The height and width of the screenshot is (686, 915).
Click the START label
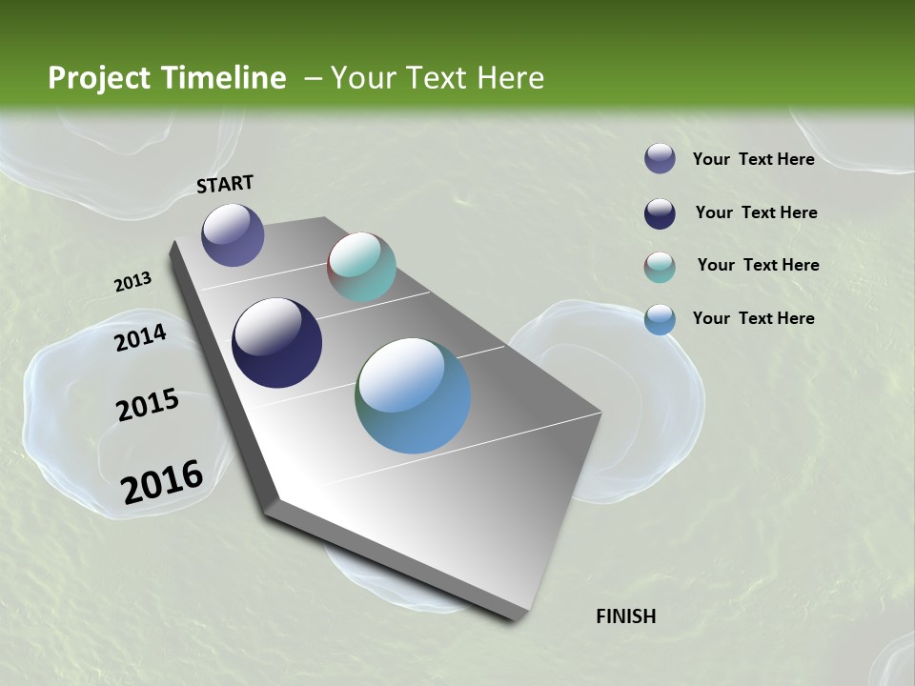click(225, 184)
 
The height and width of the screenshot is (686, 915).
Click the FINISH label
click(625, 616)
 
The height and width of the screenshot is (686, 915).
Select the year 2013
click(132, 282)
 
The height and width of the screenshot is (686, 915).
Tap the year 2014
click(141, 337)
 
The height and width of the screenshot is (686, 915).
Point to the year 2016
click(162, 481)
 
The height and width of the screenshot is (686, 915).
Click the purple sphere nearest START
click(233, 234)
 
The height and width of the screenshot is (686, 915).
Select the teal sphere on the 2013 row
click(361, 267)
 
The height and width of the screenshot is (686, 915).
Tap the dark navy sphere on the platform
click(276, 343)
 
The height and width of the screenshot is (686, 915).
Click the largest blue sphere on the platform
click(413, 395)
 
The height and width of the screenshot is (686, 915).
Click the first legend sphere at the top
click(660, 158)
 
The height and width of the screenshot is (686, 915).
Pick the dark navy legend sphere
click(660, 213)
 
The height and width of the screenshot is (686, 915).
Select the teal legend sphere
click(660, 267)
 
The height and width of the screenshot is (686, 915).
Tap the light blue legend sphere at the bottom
click(660, 319)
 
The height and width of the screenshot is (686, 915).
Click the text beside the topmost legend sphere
click(753, 159)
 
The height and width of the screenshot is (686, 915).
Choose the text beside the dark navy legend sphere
click(756, 212)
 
